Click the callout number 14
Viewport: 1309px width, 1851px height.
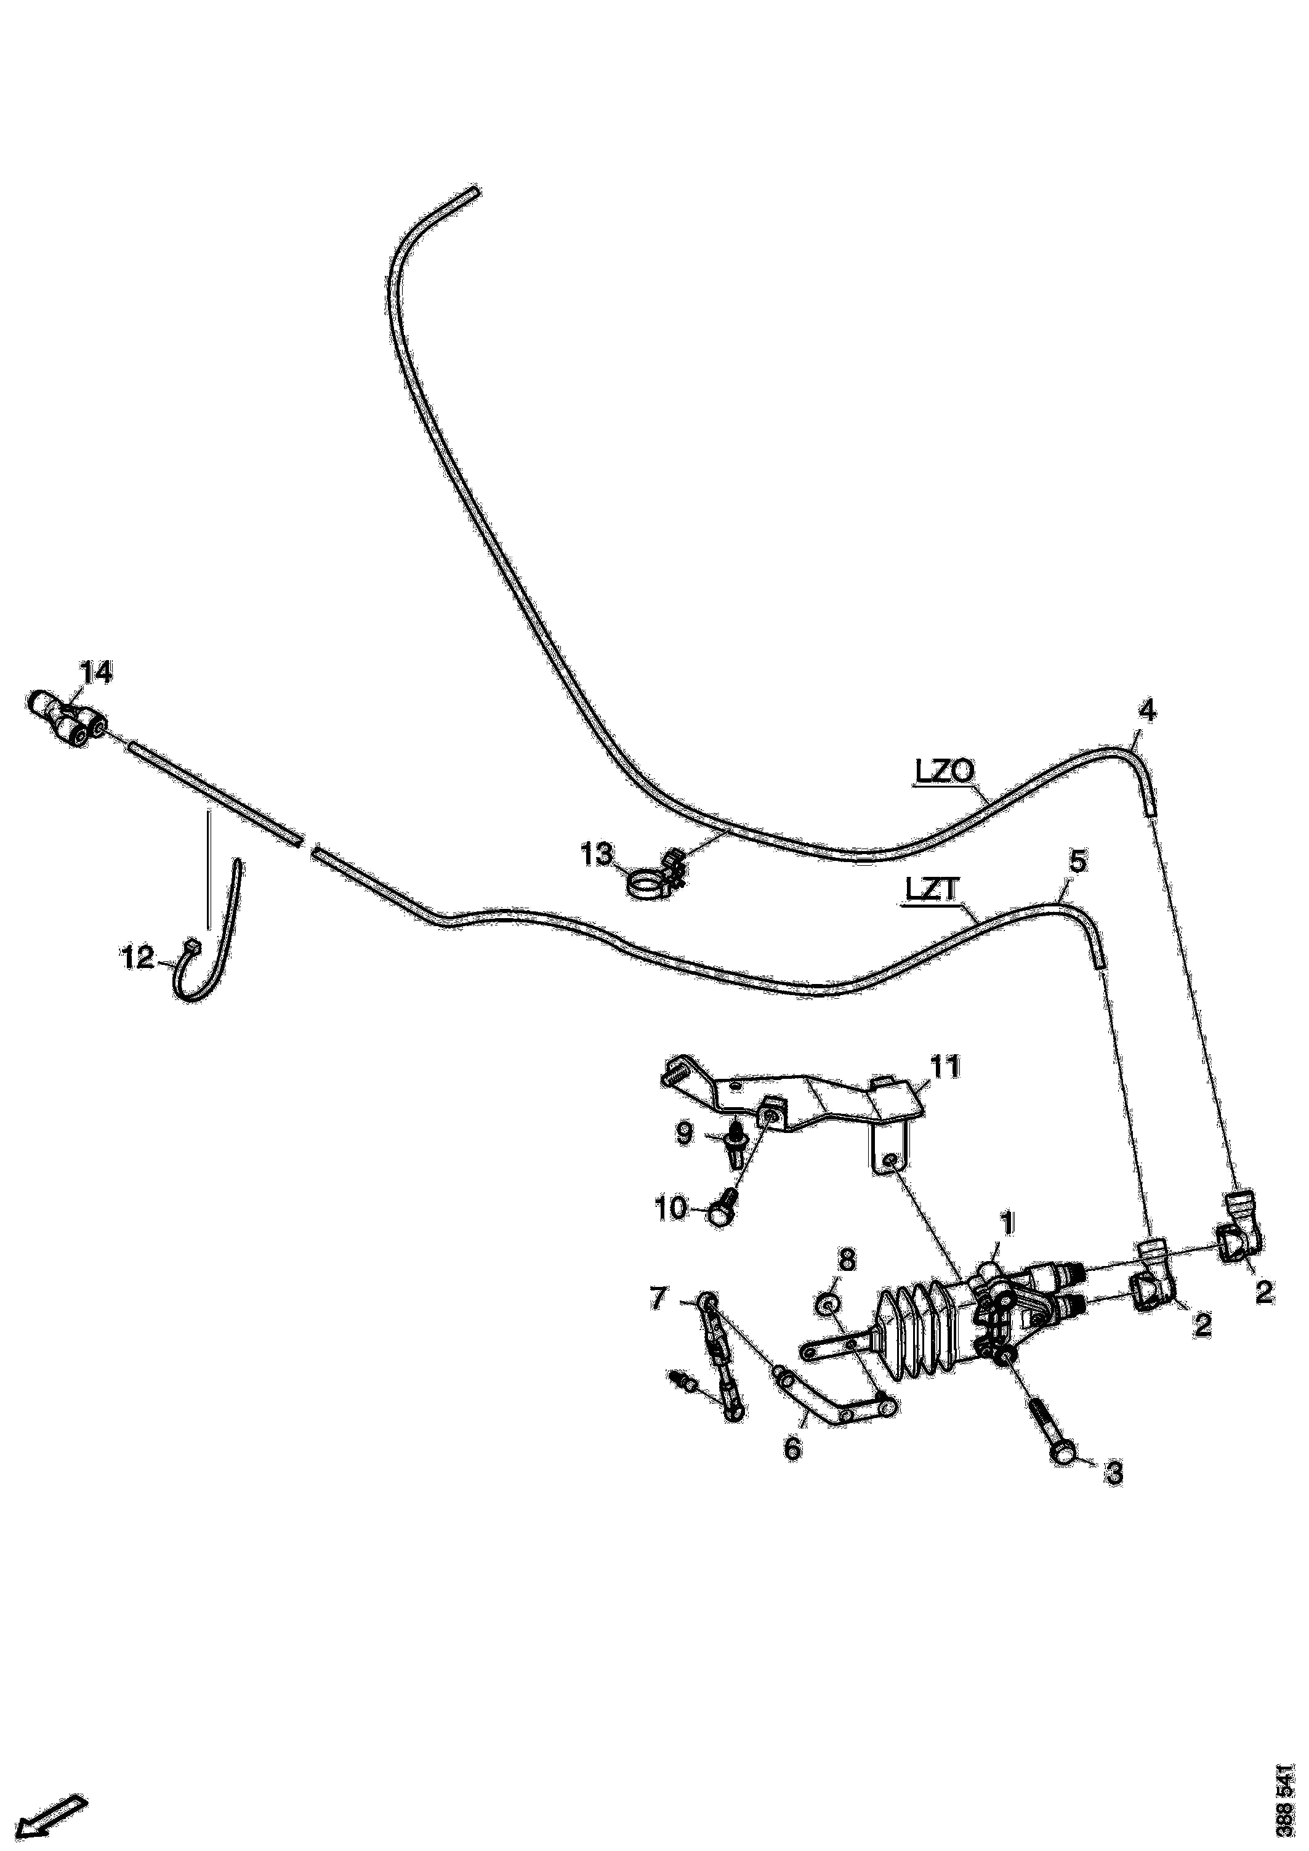pos(96,672)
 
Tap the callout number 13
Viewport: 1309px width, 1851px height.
pos(598,855)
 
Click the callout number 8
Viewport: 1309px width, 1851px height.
pos(848,1259)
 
